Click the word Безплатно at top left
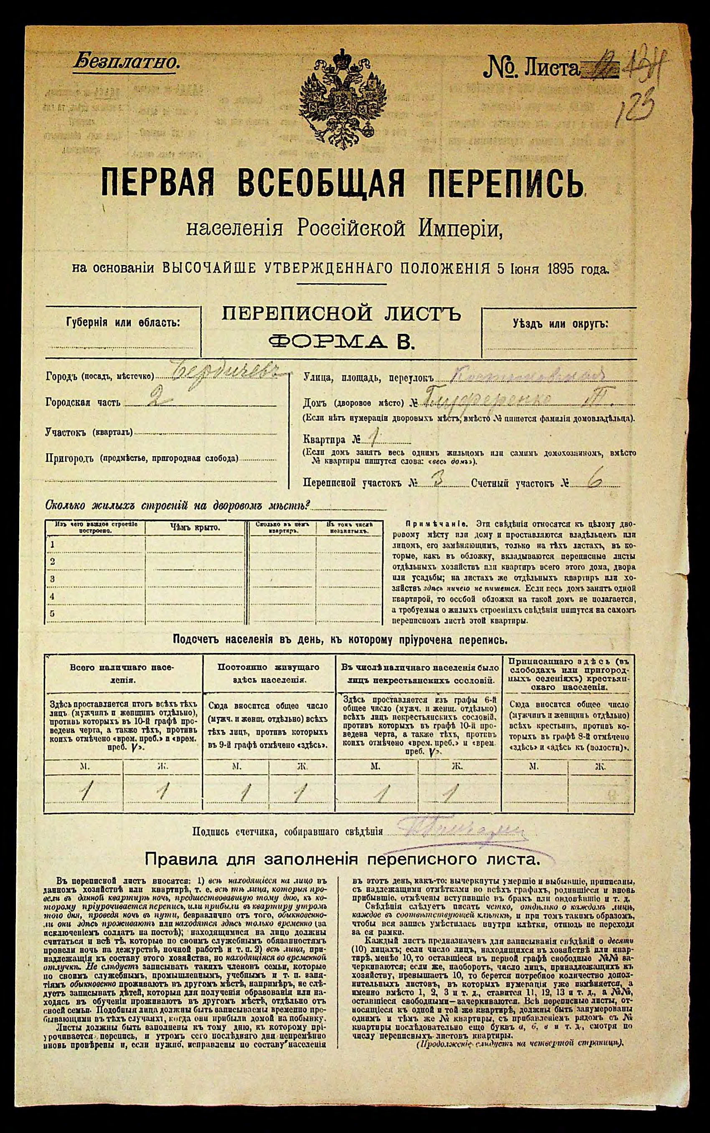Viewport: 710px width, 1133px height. point(126,62)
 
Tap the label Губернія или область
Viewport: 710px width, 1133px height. point(123,323)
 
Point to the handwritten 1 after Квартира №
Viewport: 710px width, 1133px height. point(373,438)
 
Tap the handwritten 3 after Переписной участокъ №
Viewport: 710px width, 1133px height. point(439,482)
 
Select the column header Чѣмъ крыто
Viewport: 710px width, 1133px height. point(194,528)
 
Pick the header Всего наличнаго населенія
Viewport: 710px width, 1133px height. point(122,673)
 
